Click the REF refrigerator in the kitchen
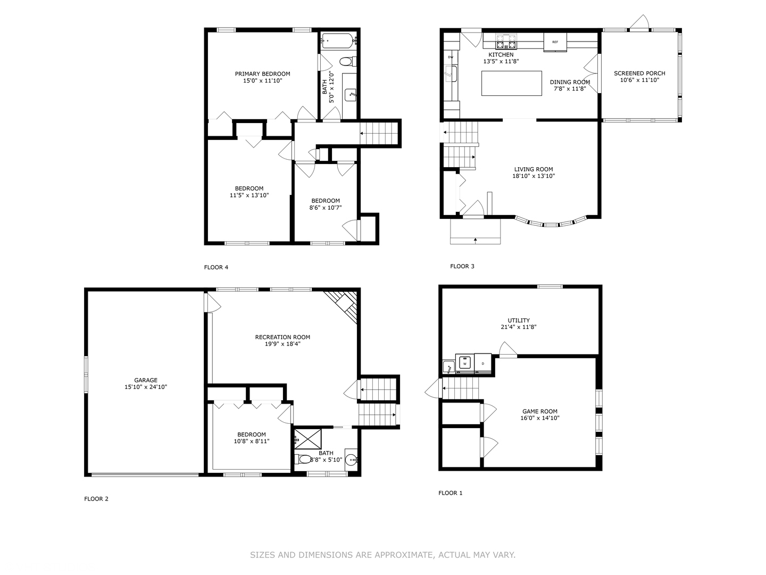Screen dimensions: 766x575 pyautogui.click(x=555, y=42)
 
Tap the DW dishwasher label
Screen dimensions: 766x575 pyautogui.click(x=451, y=57)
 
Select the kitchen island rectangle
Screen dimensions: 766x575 pyautogui.click(x=512, y=83)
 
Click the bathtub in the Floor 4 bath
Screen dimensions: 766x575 pyautogui.click(x=338, y=41)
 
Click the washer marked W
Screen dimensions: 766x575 pyautogui.click(x=464, y=363)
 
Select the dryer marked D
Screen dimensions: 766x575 pyautogui.click(x=483, y=363)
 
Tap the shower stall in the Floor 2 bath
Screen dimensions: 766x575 pyautogui.click(x=307, y=439)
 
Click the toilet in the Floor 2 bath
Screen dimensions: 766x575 pyautogui.click(x=303, y=459)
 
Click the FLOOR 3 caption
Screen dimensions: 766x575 pyautogui.click(x=462, y=266)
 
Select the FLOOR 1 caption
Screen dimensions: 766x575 pyautogui.click(x=450, y=493)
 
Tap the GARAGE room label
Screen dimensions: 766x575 pyautogui.click(x=146, y=380)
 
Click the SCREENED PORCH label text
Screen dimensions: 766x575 pyautogui.click(x=640, y=73)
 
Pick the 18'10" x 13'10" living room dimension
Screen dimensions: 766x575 pyautogui.click(x=534, y=176)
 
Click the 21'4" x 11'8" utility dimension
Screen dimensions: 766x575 pyautogui.click(x=519, y=327)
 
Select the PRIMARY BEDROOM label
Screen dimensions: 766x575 pyautogui.click(x=262, y=73)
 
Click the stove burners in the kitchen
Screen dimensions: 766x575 pyautogui.click(x=506, y=42)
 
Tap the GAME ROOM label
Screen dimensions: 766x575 pyautogui.click(x=540, y=411)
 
